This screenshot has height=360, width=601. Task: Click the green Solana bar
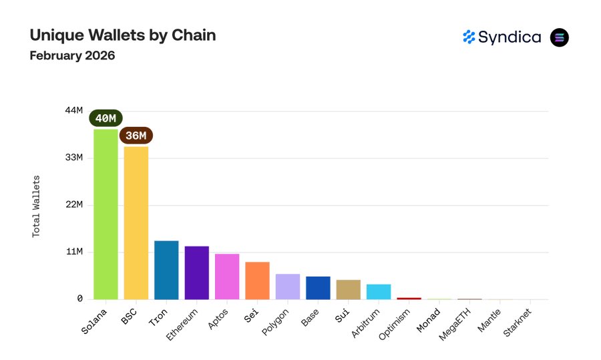point(106,214)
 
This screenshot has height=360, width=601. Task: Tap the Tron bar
point(166,270)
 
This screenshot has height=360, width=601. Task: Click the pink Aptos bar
point(227,277)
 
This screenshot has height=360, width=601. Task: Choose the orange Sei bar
point(257,281)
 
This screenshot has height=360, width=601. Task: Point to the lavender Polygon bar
point(288,287)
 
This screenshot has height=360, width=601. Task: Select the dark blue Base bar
point(318,288)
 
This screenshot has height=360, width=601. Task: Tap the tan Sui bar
point(349,289)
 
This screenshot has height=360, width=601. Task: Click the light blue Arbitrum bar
point(379,292)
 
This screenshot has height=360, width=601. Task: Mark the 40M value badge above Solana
point(106,118)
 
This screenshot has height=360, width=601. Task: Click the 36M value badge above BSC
point(136,136)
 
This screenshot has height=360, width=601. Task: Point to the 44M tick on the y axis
point(73,110)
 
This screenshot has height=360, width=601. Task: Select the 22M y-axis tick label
point(73,204)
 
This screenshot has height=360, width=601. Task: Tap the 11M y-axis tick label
point(73,252)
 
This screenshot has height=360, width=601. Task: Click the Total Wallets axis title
point(37,206)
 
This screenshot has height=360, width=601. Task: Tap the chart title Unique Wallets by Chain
point(122,35)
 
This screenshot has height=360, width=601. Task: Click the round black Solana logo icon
point(560,37)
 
